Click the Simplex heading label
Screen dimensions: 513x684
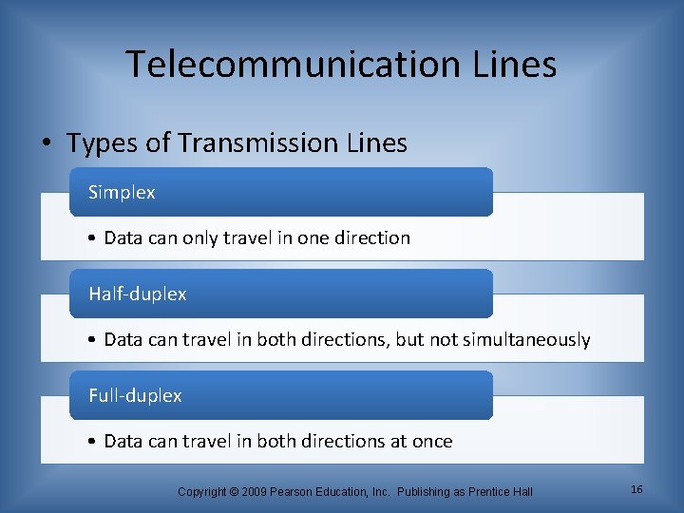(122, 192)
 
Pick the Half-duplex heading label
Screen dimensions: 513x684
(137, 294)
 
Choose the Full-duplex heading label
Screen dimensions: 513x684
(135, 395)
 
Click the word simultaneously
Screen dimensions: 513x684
(526, 339)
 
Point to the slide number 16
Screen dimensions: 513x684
(636, 489)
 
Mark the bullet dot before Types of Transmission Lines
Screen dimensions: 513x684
(45, 144)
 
